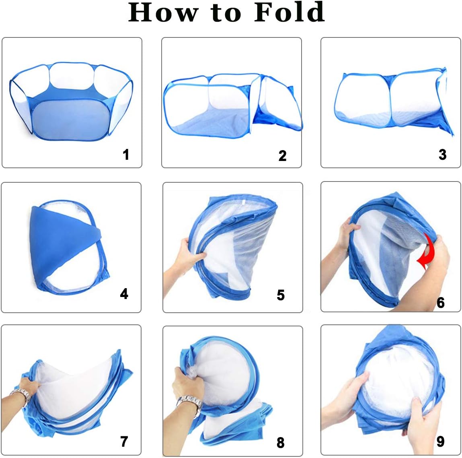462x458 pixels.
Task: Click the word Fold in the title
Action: [x=289, y=12]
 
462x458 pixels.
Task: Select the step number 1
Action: [x=126, y=155]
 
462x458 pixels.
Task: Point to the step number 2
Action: [x=282, y=155]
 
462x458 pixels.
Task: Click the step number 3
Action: [x=442, y=154]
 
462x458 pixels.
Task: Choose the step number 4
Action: [x=124, y=294]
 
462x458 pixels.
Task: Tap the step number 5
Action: [x=281, y=295]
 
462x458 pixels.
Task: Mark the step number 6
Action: [x=441, y=302]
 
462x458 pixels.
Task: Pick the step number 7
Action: [x=124, y=441]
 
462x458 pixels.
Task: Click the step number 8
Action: [x=281, y=443]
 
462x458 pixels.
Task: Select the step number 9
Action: [x=440, y=441]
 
